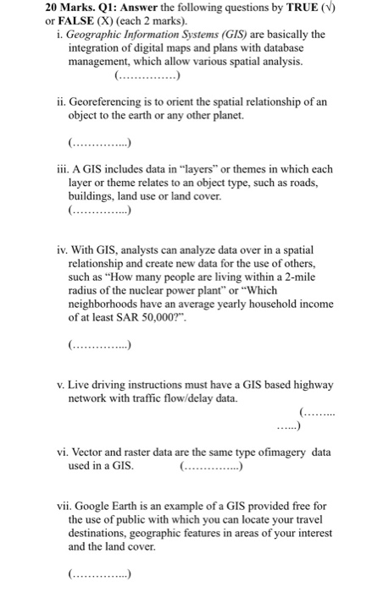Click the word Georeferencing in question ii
pyautogui.click(x=106, y=101)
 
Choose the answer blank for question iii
pyautogui.click(x=98, y=208)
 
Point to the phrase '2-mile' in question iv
pyautogui.click(x=303, y=277)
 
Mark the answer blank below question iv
pyautogui.click(x=98, y=344)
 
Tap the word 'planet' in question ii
pyautogui.click(x=248, y=115)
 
